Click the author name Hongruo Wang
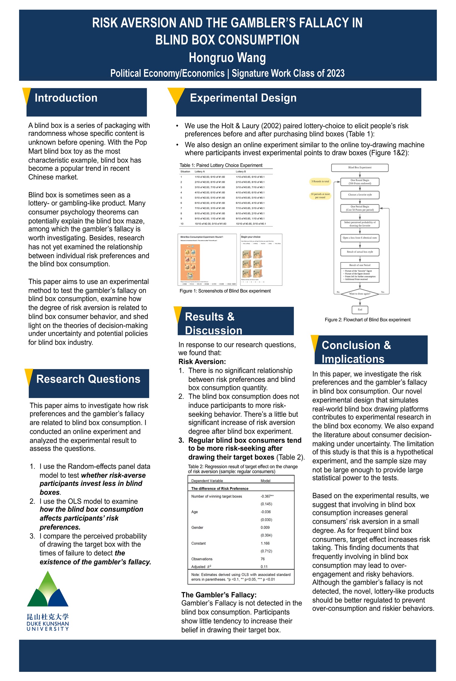click(227, 58)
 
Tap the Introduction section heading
click(66, 98)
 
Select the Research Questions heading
click(88, 379)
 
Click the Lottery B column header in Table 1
click(241, 172)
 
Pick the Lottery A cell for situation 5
click(210, 198)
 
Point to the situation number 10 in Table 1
click(182, 224)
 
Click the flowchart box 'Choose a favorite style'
click(360, 195)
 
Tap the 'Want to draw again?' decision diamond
click(360, 294)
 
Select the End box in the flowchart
click(360, 310)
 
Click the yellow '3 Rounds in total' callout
click(320, 182)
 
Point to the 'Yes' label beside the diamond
click(382, 292)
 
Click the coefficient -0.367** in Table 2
click(267, 496)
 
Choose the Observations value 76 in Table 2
click(263, 559)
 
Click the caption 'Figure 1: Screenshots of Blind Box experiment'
click(225, 291)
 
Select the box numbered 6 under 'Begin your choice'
click(258, 273)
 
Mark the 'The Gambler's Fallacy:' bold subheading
click(219, 595)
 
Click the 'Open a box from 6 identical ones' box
click(360, 238)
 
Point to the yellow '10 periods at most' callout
click(320, 196)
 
